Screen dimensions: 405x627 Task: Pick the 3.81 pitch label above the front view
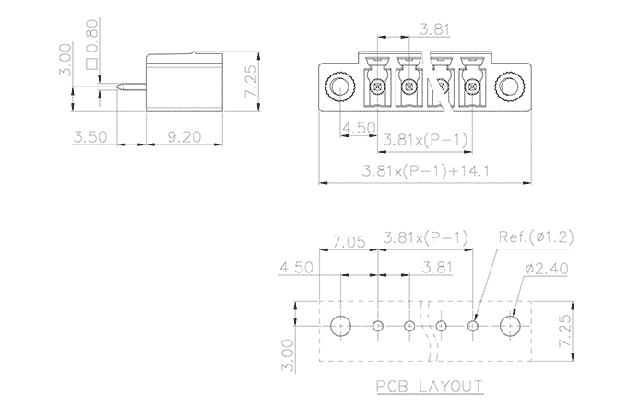(x=435, y=29)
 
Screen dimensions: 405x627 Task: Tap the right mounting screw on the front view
(x=509, y=88)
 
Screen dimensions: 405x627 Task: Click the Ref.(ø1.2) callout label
(x=535, y=237)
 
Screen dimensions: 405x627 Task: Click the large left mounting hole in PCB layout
(x=341, y=325)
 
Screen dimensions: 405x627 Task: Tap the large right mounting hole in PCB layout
(x=510, y=325)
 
